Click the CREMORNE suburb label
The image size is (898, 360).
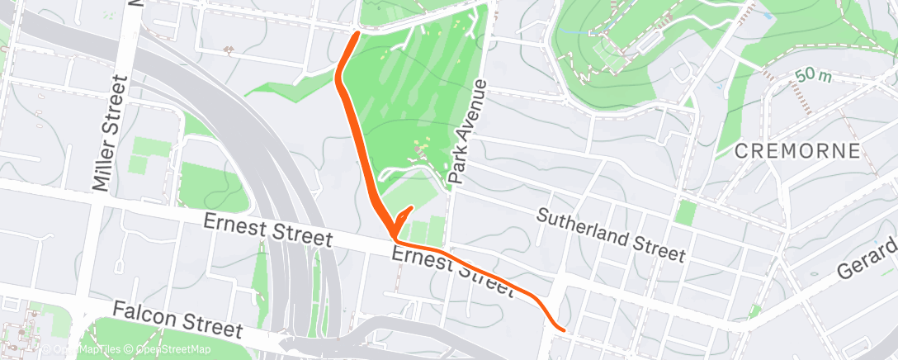click(797, 151)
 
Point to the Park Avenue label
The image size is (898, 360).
click(467, 132)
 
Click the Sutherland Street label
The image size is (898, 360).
click(611, 234)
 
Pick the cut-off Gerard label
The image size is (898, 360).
click(867, 259)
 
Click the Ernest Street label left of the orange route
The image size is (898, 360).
click(267, 230)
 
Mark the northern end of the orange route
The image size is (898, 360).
click(357, 34)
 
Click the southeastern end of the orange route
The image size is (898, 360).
click(562, 328)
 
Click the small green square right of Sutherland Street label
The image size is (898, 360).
click(685, 212)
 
